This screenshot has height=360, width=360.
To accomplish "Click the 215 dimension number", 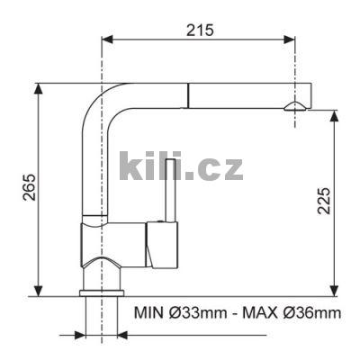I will point(201,29).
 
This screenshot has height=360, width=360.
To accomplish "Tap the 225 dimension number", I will point(325,208).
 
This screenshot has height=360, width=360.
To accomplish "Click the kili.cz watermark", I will point(181,166).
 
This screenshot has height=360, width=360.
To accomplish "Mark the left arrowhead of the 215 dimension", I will point(107,39).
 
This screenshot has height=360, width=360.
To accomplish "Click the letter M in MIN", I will point(142,313).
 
